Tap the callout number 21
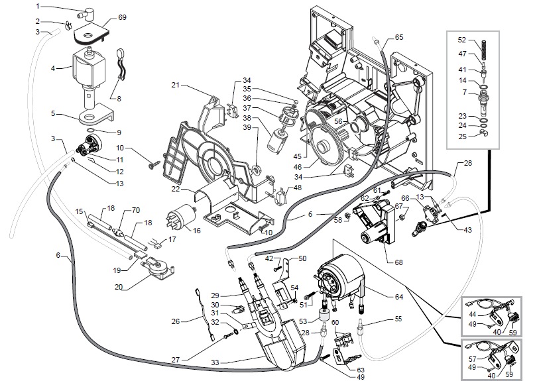(x=176, y=85)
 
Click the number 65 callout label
(x=398, y=37)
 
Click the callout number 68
(x=398, y=262)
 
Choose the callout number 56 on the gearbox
(x=337, y=121)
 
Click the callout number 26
(x=175, y=321)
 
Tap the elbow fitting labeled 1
(x=84, y=11)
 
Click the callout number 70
(x=136, y=210)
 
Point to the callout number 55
(x=398, y=319)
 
